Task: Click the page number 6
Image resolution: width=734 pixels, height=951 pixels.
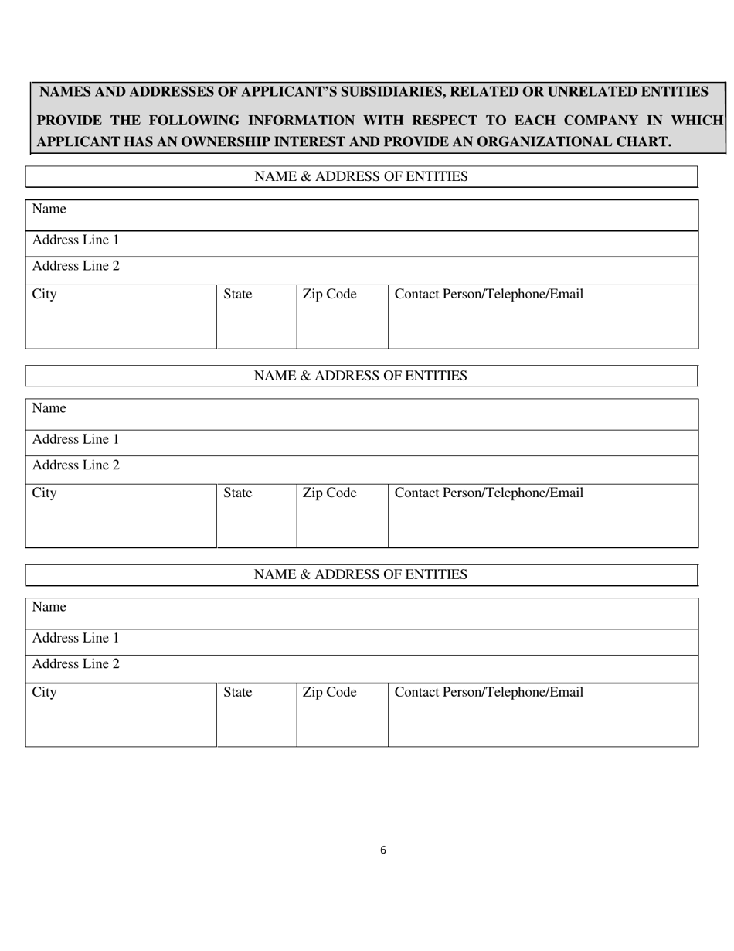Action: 383,850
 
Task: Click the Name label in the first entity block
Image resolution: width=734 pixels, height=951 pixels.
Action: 49,210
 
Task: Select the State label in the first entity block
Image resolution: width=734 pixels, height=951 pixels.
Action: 237,295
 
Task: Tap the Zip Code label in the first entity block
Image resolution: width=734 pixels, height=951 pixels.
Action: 329,295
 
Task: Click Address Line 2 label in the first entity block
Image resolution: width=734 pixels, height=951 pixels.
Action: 76,267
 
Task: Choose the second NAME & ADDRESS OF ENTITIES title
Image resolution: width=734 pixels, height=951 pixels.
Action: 361,376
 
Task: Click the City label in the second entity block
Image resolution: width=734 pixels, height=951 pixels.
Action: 44,493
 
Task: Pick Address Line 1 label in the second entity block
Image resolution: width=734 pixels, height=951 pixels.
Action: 76,440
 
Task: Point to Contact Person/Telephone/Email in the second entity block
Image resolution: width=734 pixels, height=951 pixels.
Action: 488,493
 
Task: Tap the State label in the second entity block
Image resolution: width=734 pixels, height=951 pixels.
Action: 237,493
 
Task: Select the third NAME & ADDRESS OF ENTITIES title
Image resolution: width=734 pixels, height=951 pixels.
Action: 361,574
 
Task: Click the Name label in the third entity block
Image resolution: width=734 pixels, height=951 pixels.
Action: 49,608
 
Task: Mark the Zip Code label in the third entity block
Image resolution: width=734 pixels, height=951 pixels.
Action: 329,693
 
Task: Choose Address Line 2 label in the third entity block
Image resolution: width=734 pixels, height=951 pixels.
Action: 76,664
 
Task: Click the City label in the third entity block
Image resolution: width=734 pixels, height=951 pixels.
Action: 44,693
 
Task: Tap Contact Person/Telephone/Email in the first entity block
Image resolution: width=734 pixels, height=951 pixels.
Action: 488,295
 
